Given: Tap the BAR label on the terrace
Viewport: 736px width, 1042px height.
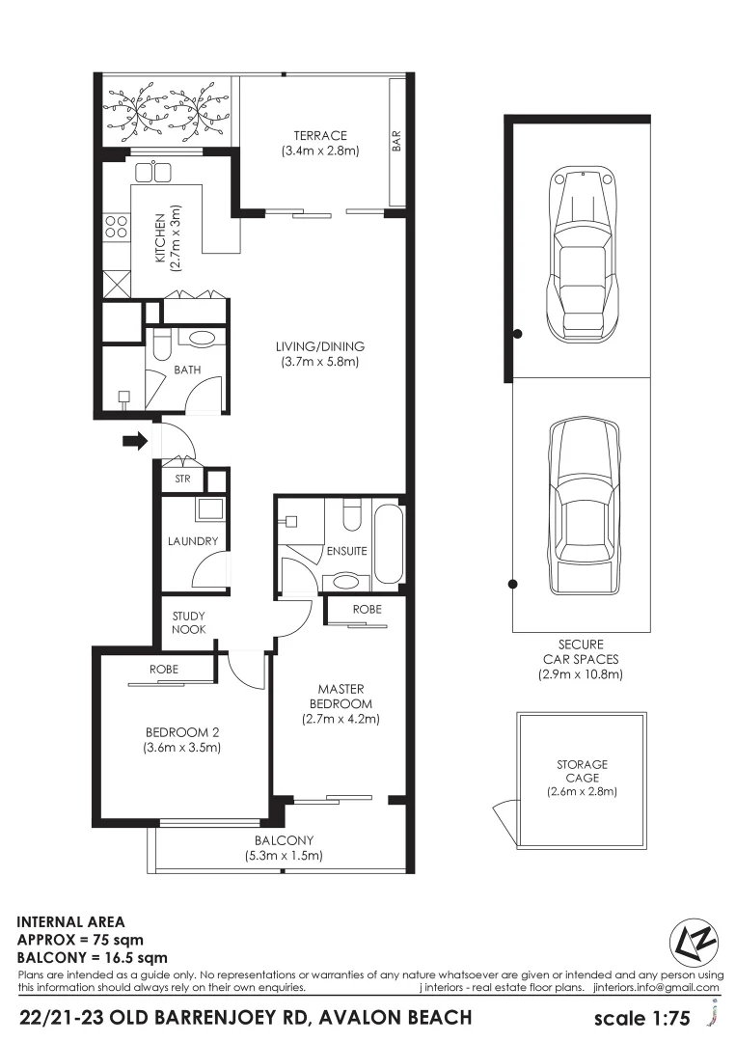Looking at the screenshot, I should pos(395,142).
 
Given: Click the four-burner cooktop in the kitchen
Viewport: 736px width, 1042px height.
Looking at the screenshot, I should pos(116,227).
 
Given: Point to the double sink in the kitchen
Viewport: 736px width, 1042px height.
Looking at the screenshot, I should pos(153,172).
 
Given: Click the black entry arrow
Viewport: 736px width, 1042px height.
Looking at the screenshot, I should pos(135,442).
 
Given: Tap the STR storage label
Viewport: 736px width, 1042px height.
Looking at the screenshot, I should pos(182,479).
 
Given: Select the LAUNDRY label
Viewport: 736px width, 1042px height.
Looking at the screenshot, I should pos(193,541).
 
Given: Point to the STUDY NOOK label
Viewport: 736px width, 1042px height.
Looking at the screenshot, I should pos(189,622).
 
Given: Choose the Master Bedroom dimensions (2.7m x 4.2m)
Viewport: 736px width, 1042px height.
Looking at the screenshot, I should pos(341,719).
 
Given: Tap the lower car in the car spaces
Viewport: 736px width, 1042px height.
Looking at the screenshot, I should pos(580,507).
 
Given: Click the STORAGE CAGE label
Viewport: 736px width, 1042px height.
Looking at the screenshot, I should pos(582,771).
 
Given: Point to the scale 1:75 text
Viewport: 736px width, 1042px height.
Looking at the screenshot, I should pos(643,1018).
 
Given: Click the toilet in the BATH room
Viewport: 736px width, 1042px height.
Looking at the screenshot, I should pos(161,343).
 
